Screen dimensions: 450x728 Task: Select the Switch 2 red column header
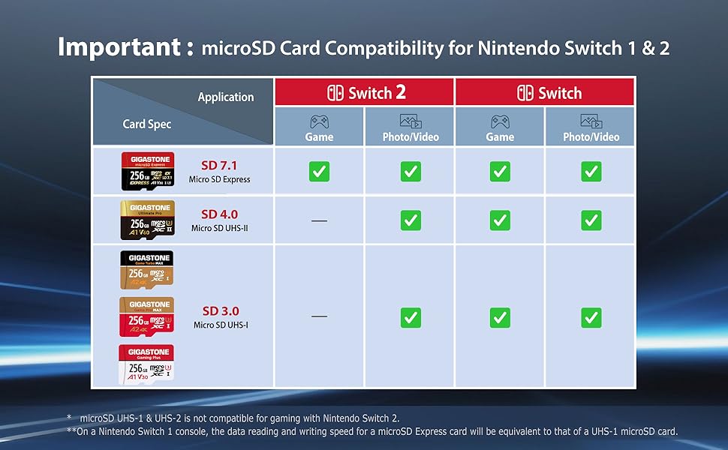point(365,93)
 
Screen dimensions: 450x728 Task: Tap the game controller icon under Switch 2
point(319,121)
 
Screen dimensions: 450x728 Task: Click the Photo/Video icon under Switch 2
point(410,121)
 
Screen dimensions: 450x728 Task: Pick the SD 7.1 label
point(220,165)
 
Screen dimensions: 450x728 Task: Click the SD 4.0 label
point(220,214)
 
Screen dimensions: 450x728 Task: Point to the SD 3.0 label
point(220,311)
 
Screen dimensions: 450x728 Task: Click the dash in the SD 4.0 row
point(319,220)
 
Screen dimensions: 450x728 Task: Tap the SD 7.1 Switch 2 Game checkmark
point(319,172)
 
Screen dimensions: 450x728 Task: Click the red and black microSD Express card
point(147,170)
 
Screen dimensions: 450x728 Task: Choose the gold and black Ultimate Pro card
point(147,219)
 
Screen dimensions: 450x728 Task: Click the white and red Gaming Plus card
point(146,364)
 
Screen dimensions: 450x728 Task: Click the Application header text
point(225,97)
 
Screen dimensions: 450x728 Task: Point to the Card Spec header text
point(147,124)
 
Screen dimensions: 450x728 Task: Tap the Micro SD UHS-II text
point(220,228)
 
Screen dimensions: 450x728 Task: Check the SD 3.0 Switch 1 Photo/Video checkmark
point(591,317)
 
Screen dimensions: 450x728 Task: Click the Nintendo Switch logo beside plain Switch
point(525,93)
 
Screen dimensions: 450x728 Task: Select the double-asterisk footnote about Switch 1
point(372,431)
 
